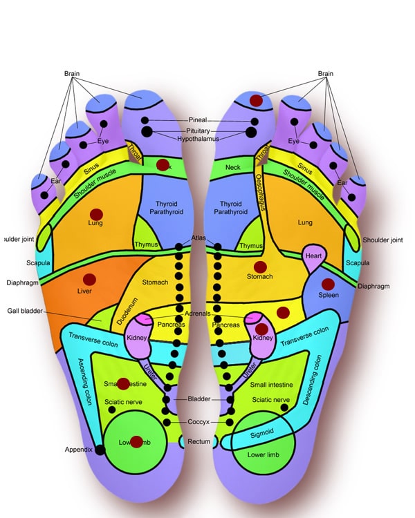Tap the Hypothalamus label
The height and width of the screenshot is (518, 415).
click(x=198, y=139)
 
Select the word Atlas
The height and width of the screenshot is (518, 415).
click(x=198, y=238)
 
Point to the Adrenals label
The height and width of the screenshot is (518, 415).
click(x=198, y=314)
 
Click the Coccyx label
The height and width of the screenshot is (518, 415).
click(x=198, y=422)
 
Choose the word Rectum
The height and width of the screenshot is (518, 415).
click(x=199, y=441)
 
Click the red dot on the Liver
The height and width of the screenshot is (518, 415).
click(x=89, y=279)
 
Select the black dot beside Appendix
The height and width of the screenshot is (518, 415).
click(x=100, y=450)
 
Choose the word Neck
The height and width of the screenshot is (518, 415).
click(x=233, y=168)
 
